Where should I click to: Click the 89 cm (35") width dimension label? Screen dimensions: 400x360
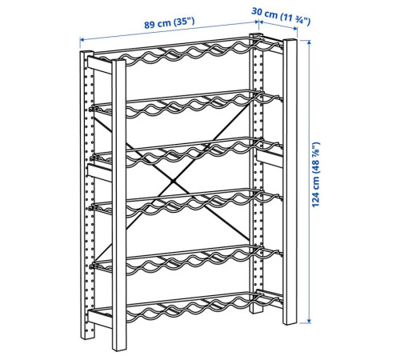(x=170, y=23)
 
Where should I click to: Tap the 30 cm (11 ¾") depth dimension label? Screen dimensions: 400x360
(x=281, y=17)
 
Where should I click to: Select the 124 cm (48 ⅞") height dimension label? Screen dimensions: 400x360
(x=315, y=174)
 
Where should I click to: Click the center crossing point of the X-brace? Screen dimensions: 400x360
(x=174, y=182)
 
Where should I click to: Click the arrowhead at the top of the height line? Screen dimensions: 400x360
(x=309, y=42)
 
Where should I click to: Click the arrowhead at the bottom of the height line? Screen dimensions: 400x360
(x=309, y=321)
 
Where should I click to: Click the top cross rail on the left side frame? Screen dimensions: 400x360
(x=99, y=66)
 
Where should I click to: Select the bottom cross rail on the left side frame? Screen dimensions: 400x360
(x=100, y=318)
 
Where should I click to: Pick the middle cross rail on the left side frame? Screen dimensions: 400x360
(x=100, y=174)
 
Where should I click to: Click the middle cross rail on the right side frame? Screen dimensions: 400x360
(x=270, y=159)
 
